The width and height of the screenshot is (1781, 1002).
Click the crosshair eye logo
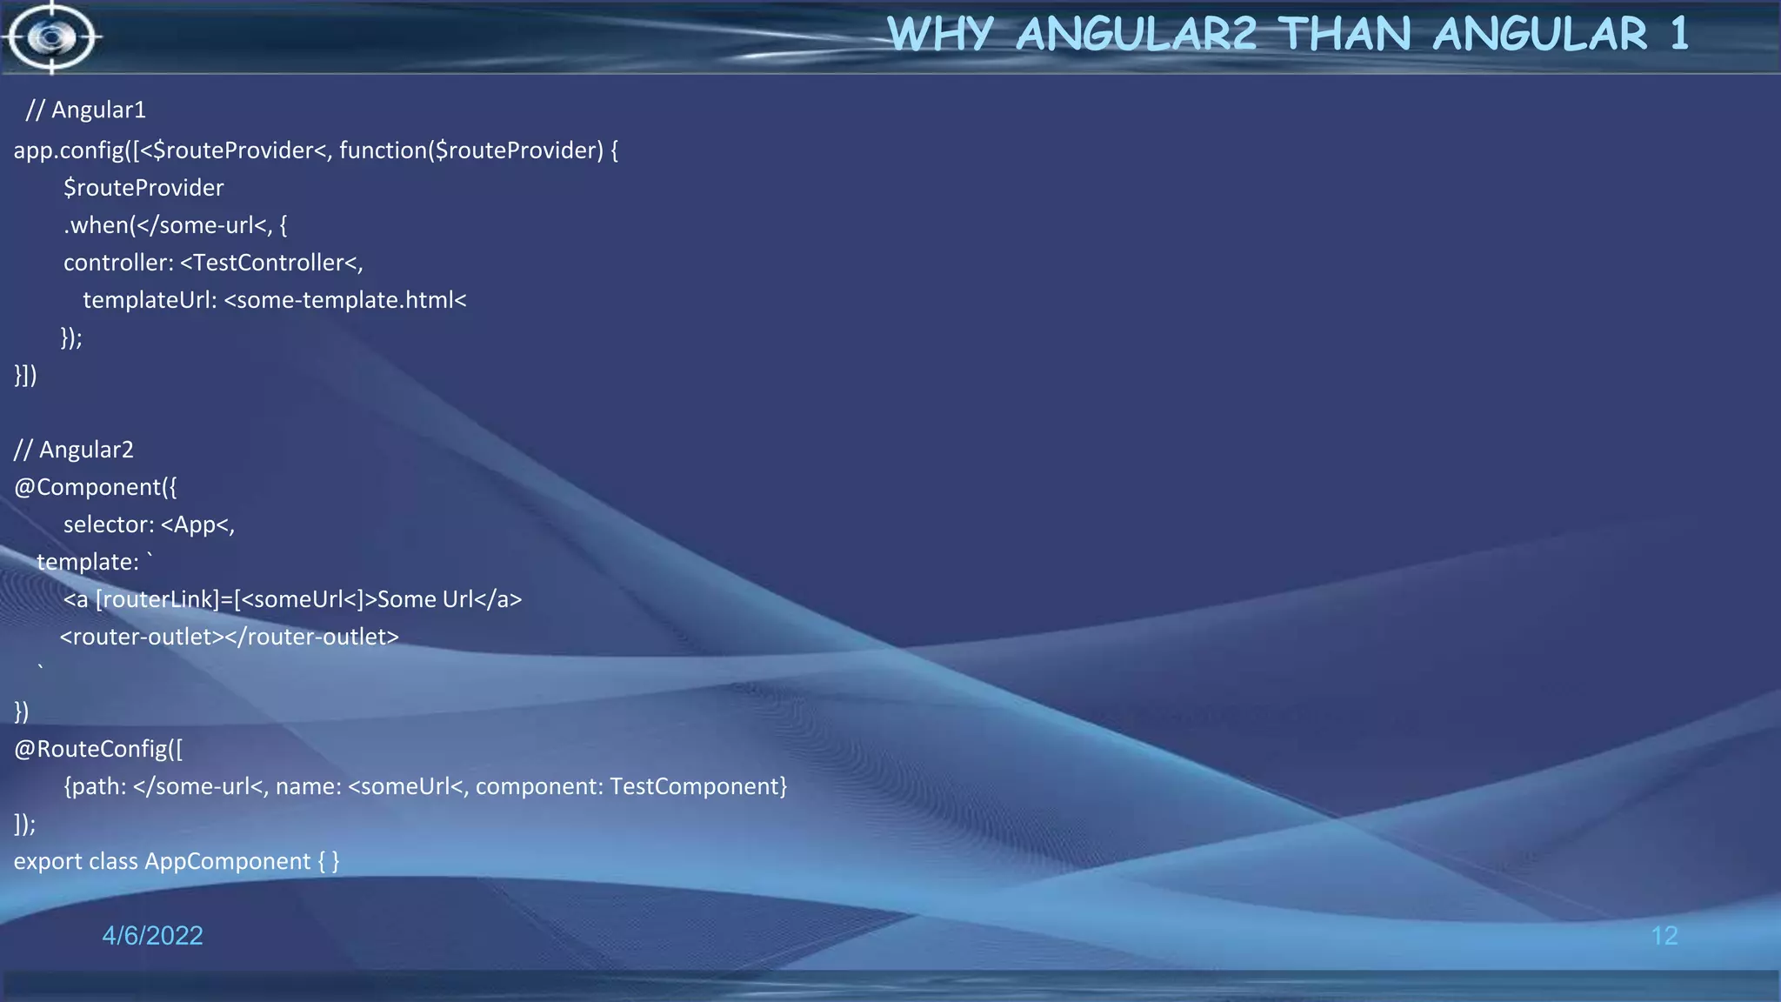(x=50, y=37)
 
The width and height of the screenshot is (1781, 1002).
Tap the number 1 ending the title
(x=1678, y=35)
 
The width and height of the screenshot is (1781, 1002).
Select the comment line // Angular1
(x=86, y=110)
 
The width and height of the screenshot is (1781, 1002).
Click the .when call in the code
(x=96, y=225)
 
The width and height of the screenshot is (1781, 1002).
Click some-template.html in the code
(x=344, y=300)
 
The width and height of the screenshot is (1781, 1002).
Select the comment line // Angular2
(x=74, y=450)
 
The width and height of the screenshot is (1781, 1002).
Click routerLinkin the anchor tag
(x=157, y=599)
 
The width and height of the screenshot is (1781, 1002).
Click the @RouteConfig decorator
(x=91, y=749)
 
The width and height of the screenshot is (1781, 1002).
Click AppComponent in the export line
(x=227, y=861)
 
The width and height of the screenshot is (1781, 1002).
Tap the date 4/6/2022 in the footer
(x=152, y=936)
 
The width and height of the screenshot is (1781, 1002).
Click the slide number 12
(x=1664, y=936)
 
